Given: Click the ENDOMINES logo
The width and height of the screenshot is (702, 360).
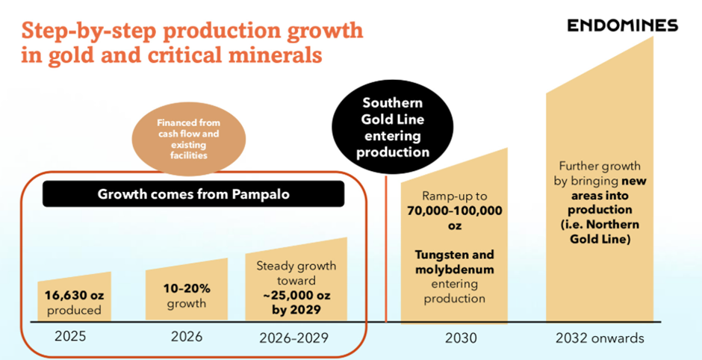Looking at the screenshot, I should point(621,25).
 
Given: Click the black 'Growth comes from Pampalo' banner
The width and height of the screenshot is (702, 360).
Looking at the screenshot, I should point(193,194).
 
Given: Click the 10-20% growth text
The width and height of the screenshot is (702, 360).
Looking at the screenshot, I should point(186,288).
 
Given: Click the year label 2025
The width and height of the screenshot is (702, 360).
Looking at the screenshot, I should point(70,336).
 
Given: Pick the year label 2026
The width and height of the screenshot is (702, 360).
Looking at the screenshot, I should point(186,336).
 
